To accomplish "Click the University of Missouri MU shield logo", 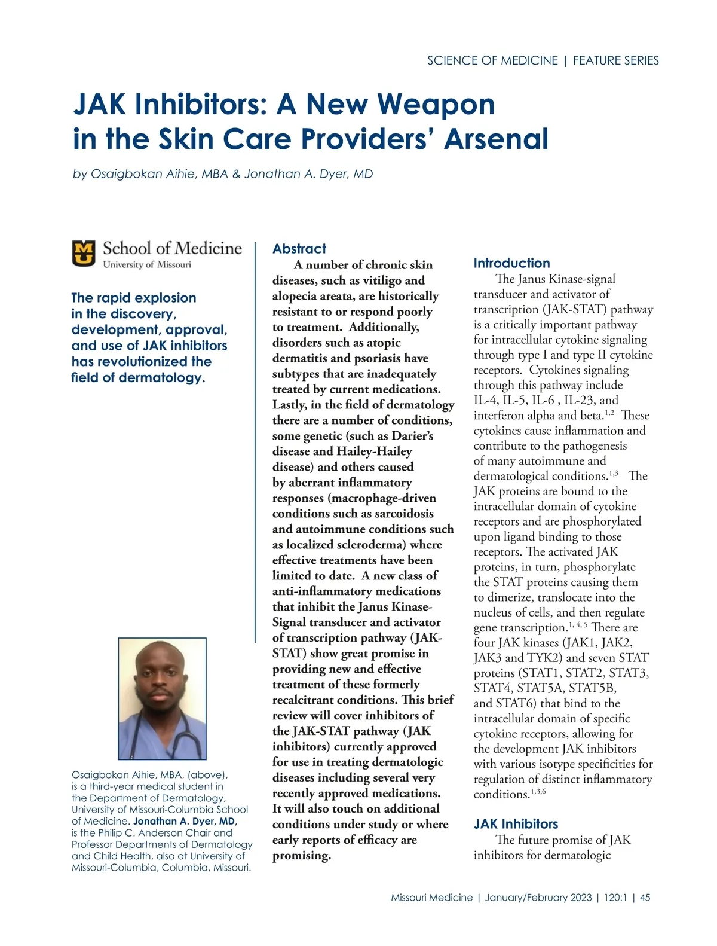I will [84, 254].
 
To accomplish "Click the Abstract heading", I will [299, 249].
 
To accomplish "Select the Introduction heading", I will [511, 263].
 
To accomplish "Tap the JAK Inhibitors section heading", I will [516, 824].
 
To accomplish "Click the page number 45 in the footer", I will [645, 898].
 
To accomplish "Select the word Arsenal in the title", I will [496, 139].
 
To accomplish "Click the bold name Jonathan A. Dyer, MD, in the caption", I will [185, 821].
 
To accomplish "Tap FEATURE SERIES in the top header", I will [615, 60].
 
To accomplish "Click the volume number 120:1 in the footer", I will [615, 898].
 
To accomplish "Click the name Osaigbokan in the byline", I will [127, 174].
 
